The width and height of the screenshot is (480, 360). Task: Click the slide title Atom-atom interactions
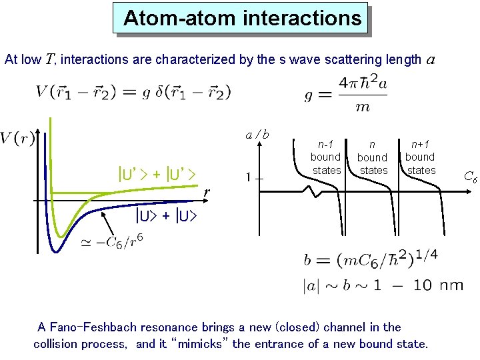pos(242,18)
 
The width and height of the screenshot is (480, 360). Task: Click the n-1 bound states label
pos(325,157)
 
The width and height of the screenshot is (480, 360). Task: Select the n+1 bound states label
pos(420,157)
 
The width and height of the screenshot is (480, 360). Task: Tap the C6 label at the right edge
pos(470,177)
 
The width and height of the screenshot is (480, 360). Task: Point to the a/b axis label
pos(257,135)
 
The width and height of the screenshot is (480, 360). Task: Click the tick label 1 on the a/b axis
pos(247,177)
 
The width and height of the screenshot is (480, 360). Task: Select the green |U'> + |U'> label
pos(156,175)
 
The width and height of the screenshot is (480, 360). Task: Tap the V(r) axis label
pos(18,138)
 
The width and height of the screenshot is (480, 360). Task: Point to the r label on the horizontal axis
pos(207,193)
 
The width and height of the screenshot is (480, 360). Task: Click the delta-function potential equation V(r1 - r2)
pos(133,92)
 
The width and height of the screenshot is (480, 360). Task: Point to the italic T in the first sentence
pos(51,59)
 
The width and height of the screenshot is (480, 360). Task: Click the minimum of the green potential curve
pos(61,235)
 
